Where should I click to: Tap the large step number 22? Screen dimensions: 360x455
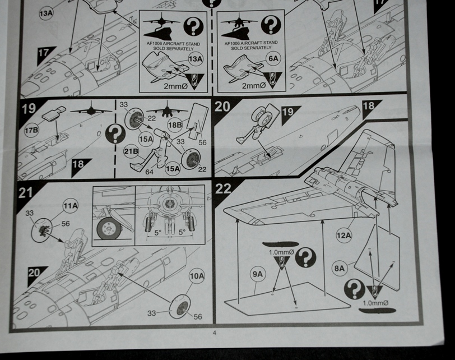pyautogui.click(x=224, y=189)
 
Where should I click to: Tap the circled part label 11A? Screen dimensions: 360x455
pyautogui.click(x=70, y=207)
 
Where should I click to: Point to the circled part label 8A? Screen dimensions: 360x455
pyautogui.click(x=340, y=268)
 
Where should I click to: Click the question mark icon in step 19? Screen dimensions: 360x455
pyautogui.click(x=115, y=134)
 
